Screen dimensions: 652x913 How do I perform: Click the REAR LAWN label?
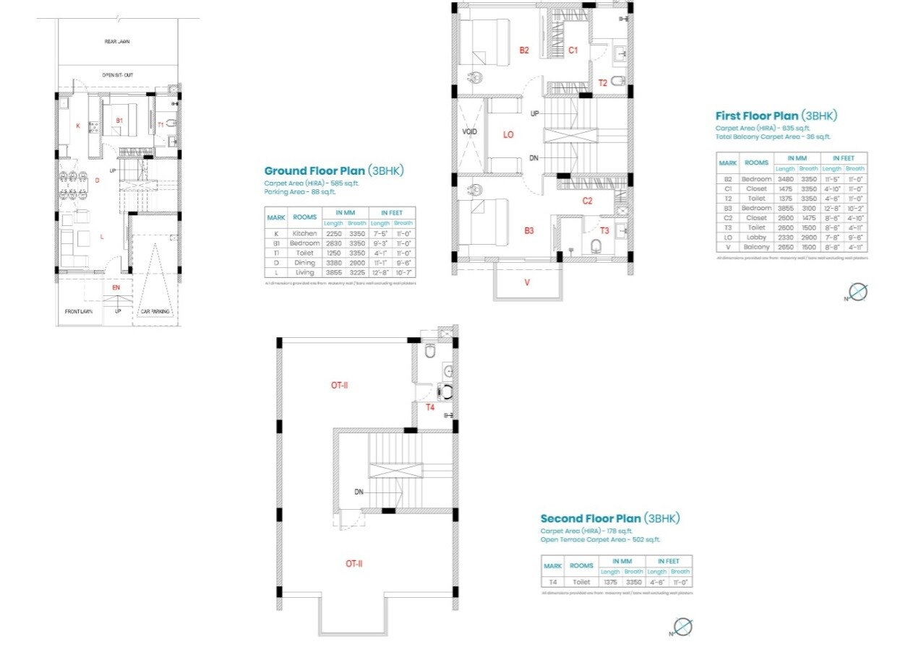(117, 42)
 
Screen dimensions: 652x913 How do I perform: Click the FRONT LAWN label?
(78, 311)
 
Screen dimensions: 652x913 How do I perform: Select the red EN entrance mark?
(116, 287)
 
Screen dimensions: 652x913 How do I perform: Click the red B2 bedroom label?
(524, 50)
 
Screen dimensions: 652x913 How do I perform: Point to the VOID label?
(470, 132)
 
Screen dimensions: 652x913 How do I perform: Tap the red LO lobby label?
(508, 134)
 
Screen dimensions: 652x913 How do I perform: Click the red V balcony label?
(527, 282)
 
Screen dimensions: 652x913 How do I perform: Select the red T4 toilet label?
(429, 407)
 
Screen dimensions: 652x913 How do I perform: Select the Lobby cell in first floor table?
(756, 237)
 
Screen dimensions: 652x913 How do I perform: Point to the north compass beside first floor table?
(857, 292)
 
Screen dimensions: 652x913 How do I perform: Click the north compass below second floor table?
(682, 627)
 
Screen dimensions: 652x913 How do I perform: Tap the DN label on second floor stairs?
(359, 492)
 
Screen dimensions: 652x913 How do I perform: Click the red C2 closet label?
(587, 201)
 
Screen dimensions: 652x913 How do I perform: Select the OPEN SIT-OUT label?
(117, 74)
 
